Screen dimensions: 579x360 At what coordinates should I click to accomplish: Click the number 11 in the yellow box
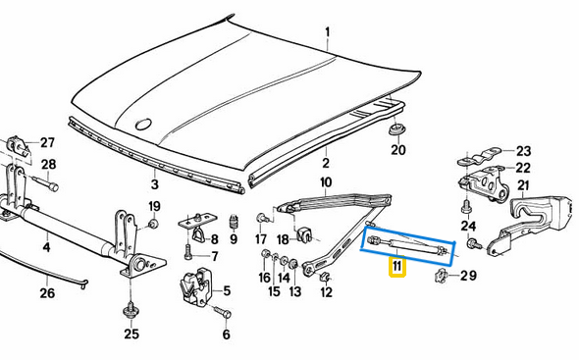pos(396,266)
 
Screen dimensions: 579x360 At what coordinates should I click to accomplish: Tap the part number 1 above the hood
pos(327,32)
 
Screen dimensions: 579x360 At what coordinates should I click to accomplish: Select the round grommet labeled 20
pos(397,129)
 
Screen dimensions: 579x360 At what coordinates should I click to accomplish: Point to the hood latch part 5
pos(194,286)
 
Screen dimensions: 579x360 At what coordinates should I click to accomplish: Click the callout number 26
pos(47,293)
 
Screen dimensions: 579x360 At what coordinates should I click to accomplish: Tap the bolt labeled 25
pos(130,312)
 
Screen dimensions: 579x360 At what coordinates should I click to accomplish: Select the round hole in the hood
pos(143,125)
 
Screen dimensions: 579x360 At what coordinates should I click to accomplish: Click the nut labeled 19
pos(153,224)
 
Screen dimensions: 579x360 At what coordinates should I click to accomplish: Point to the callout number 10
pos(325,182)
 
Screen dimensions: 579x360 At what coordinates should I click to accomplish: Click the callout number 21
pos(524,185)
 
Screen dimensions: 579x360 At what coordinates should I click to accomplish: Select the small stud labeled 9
pos(233,222)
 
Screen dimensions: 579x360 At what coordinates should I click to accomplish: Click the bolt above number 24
pos(466,207)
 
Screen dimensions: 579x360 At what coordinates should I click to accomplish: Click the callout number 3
pos(155,183)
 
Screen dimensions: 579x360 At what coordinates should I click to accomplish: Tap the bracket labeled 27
pos(18,145)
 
